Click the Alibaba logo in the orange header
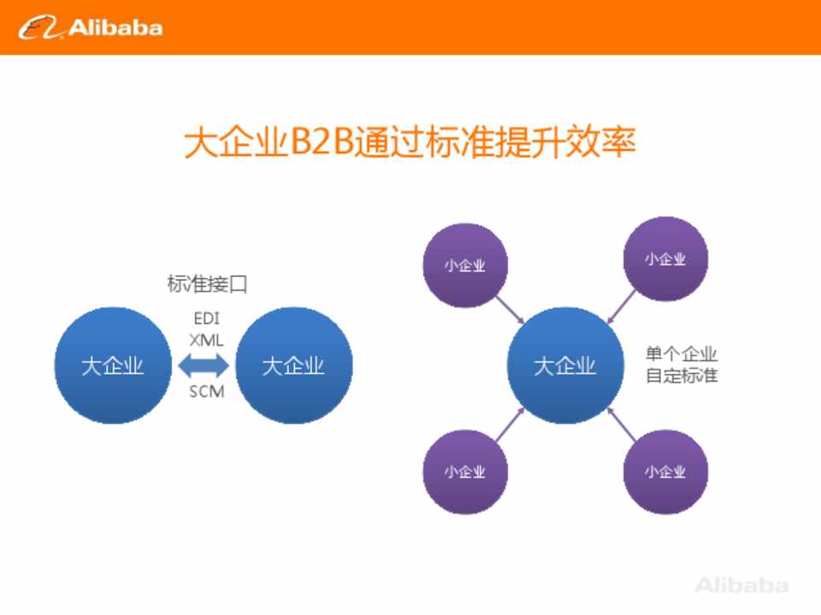coord(90,27)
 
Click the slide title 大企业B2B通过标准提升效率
coord(410,142)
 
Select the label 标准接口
coord(207,284)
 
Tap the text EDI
coord(206,318)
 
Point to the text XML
coord(206,340)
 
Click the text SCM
coord(206,391)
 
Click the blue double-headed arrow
coord(204,366)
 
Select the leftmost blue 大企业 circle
coord(113,365)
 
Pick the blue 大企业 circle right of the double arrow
coord(293,365)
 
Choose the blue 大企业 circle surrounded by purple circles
coord(565,365)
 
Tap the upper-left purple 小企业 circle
coord(465,265)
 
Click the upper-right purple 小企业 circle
coord(665,259)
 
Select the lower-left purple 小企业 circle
coord(465,471)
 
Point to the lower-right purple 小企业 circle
coord(665,471)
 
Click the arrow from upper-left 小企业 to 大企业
coord(510,309)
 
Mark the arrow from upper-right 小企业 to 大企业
coord(621,307)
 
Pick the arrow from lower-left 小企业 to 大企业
coord(510,425)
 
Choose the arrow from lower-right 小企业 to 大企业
coord(621,425)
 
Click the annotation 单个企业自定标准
coord(682,365)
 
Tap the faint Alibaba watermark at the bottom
coord(742,585)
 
